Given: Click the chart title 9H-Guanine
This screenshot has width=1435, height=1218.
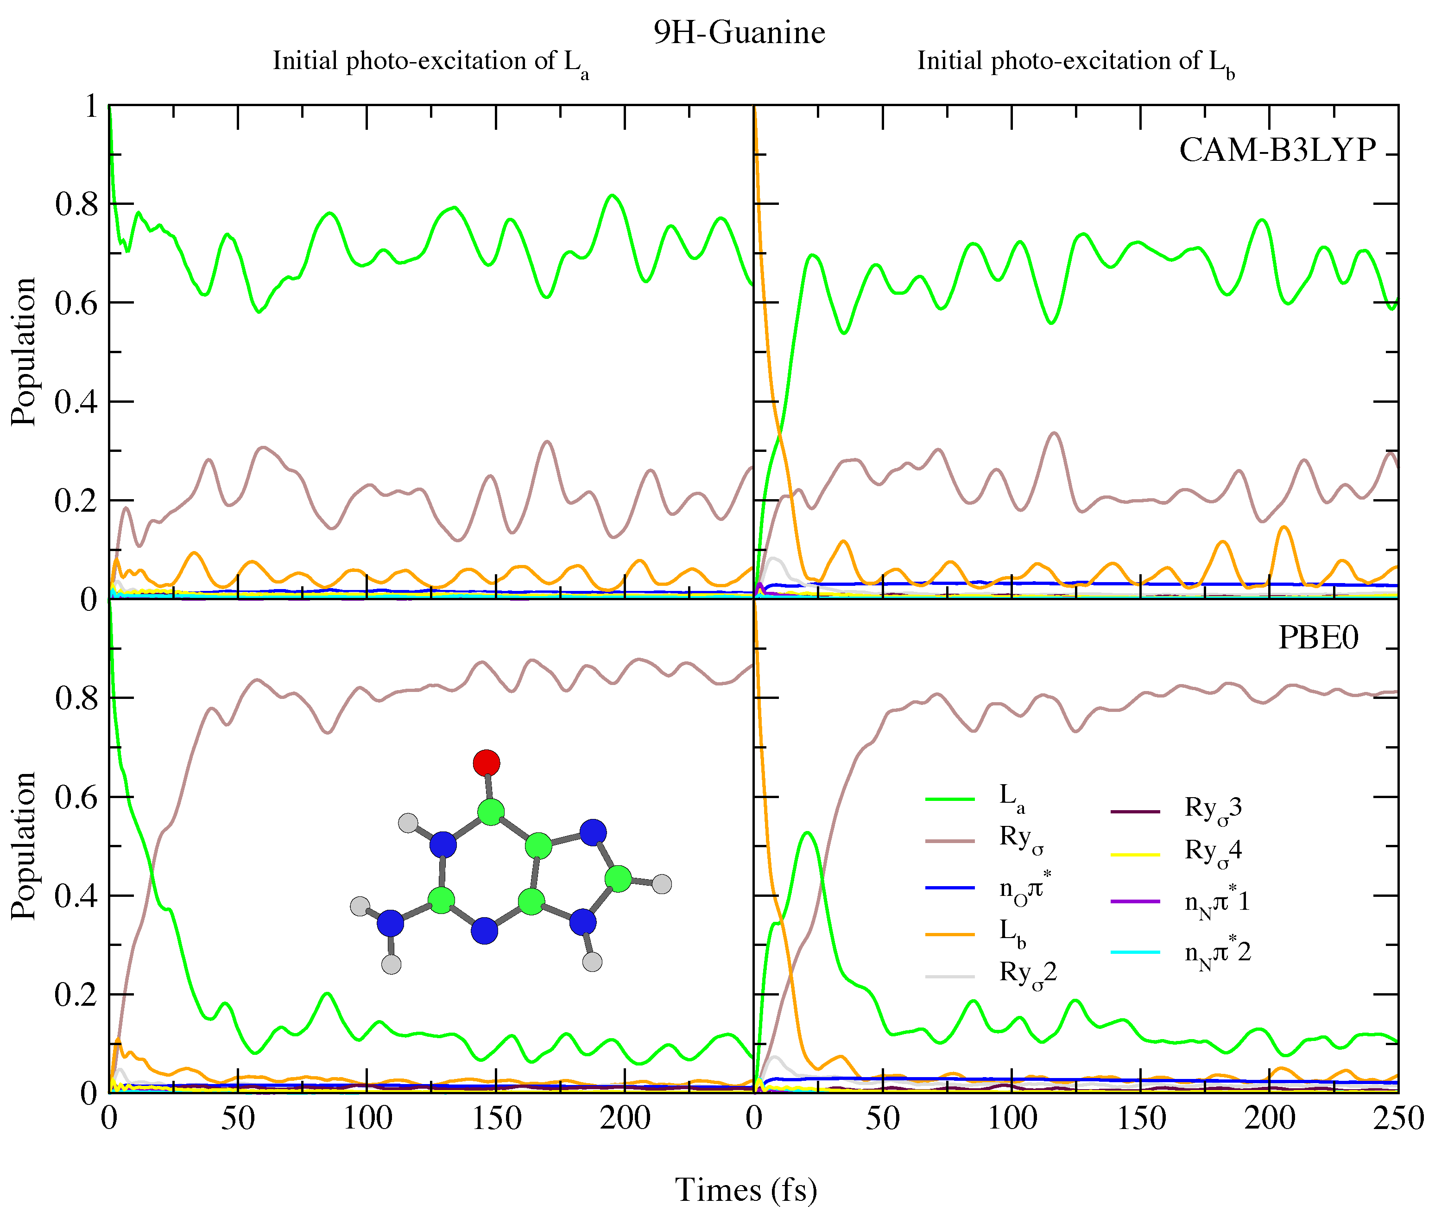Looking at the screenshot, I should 739,32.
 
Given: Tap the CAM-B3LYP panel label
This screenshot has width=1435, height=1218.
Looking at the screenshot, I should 1277,150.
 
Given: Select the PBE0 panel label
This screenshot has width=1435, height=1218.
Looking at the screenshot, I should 1318,637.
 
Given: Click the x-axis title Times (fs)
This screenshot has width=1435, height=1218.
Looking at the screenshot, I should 746,1190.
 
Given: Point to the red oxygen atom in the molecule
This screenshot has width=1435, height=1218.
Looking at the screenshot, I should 487,763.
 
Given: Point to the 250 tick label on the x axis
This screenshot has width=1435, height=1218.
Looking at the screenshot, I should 1398,1118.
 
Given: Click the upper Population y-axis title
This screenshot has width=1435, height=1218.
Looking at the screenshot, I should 24,352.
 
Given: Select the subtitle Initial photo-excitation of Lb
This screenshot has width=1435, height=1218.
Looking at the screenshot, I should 1075,62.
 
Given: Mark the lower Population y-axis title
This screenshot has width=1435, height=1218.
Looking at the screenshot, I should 24,846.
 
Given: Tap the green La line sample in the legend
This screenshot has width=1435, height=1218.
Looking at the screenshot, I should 950,799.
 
